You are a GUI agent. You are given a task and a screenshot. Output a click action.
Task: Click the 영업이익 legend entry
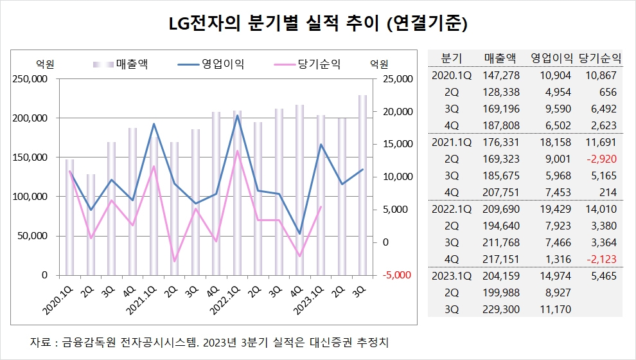tap(211, 64)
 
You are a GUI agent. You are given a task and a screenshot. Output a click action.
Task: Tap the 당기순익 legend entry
tap(308, 64)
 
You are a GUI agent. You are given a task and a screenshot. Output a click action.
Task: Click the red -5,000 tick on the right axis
tap(394, 274)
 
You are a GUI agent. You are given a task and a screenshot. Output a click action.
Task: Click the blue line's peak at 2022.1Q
tap(238, 116)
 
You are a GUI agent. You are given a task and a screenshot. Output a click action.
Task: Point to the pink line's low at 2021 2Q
tap(175, 261)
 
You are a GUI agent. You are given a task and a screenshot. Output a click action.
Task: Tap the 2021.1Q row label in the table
tap(452, 142)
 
